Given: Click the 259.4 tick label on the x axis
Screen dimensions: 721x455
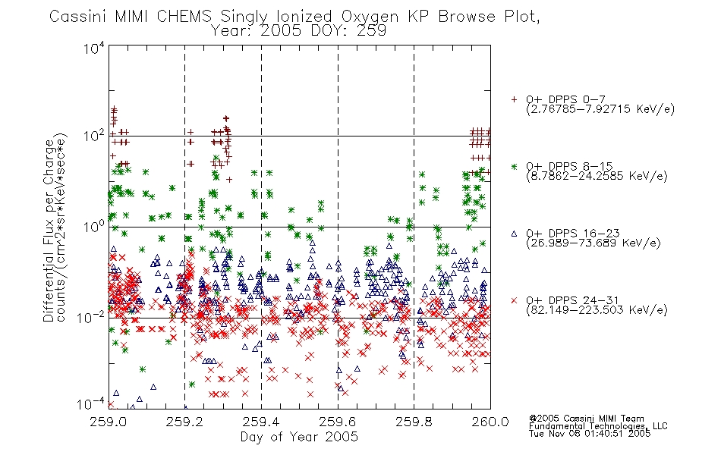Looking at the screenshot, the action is click(261, 422).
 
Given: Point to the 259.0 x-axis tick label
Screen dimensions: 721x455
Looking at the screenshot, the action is click(109, 422).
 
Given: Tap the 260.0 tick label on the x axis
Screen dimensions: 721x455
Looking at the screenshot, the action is click(490, 422).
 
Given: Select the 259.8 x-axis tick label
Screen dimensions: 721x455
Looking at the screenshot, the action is click(414, 422).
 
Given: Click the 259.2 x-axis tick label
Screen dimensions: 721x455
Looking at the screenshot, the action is click(185, 422).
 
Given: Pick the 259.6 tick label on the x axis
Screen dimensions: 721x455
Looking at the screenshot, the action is click(338, 422).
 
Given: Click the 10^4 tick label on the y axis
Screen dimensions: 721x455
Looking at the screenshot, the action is click(94, 48).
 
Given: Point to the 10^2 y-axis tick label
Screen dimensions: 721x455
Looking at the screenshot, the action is click(94, 136).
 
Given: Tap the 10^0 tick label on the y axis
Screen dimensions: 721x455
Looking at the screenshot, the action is click(94, 227).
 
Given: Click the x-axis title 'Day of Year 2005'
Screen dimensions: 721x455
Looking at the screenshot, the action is click(299, 437).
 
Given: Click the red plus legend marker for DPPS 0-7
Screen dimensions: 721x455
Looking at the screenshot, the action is click(514, 99).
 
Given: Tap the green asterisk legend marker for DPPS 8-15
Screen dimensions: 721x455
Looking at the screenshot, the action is click(514, 166).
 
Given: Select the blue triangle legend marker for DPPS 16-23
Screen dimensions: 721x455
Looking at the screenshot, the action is click(514, 234).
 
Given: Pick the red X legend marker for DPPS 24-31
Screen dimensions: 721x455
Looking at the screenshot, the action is click(514, 300).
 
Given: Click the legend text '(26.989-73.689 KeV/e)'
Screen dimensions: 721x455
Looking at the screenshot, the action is click(593, 243).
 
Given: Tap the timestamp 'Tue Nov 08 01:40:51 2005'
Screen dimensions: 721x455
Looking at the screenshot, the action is click(590, 434).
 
